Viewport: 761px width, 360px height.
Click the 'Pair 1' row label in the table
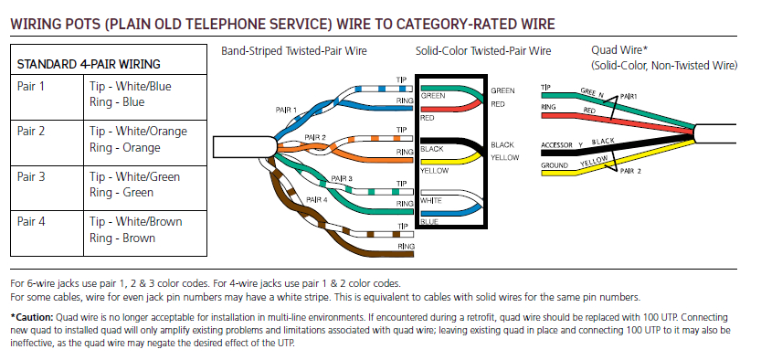point(31,87)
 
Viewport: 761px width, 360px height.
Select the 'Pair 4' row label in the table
point(31,222)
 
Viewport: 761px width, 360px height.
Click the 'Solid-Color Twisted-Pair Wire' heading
point(483,51)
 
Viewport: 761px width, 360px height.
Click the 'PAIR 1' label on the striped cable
point(286,110)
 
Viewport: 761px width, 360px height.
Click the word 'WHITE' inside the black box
point(432,200)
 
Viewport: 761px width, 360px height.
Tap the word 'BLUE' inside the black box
point(429,222)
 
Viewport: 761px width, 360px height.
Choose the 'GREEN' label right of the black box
point(503,91)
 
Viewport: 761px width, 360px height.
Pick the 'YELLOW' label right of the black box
point(505,157)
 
